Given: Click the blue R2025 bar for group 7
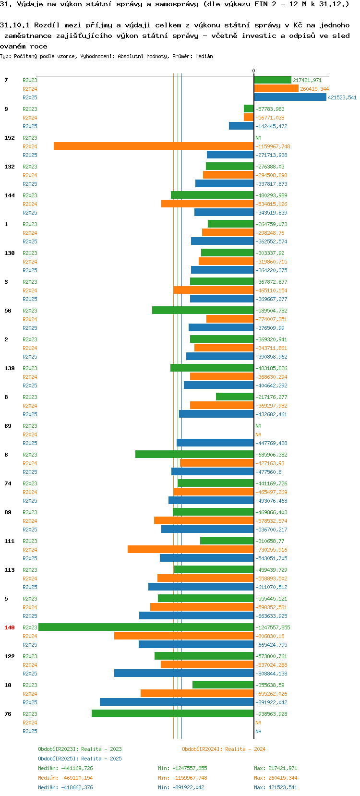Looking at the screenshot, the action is tap(290, 97).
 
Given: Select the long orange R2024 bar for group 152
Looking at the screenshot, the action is tap(154, 146).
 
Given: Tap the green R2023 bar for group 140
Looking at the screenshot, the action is tap(146, 627).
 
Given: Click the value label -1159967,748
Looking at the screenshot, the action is tap(273, 146).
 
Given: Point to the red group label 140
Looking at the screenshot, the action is tap(9, 627).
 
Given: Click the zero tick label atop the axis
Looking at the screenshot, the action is tap(254, 71).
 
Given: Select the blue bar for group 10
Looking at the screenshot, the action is tap(177, 702).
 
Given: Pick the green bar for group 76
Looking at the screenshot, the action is tap(173, 713).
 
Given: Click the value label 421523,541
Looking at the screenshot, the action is tap(342, 97).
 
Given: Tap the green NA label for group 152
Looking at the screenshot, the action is tap(258, 138).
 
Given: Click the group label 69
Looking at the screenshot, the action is tap(8, 426).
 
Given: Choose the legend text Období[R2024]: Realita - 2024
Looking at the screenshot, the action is tap(224, 749).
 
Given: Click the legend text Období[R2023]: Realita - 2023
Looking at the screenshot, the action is tap(80, 749).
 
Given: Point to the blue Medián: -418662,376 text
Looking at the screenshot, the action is tap(65, 787).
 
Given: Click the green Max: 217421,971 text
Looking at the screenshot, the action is tap(276, 768).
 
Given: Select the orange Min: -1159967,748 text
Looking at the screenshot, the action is tap(183, 778).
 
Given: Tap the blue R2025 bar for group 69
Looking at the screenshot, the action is tap(215, 443).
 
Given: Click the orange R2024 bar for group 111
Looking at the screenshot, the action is tap(191, 549).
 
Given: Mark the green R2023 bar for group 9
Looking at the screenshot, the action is tap(249, 109).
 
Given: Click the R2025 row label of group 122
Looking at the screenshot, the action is tap(30, 674).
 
